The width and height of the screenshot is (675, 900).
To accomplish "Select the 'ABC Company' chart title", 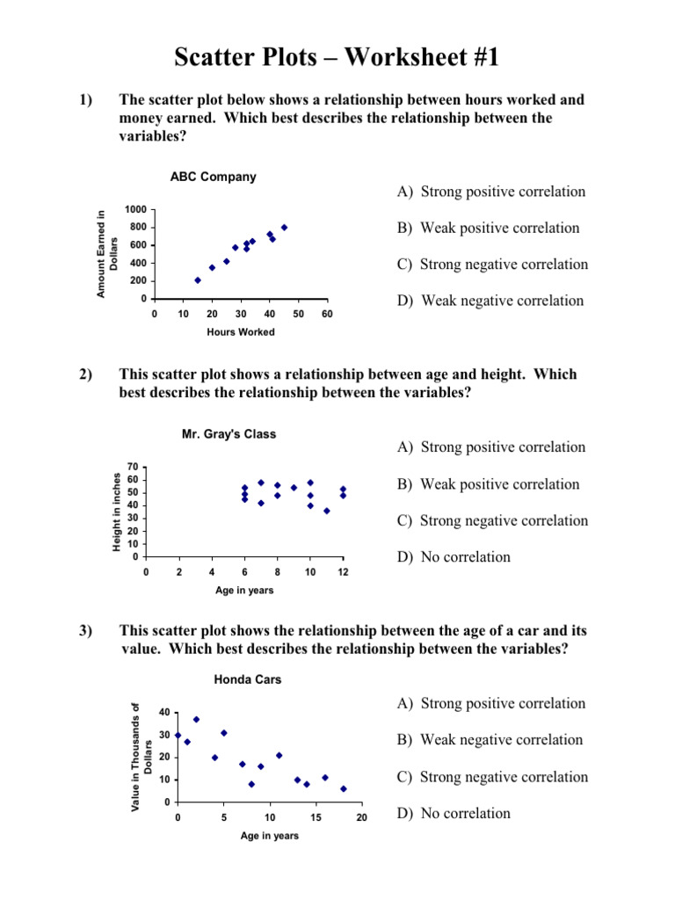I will click(213, 177).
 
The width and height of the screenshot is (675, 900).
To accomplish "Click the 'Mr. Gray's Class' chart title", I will click(229, 433).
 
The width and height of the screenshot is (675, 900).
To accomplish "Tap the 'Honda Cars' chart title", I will click(248, 679).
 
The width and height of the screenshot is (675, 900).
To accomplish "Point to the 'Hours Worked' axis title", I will click(241, 332).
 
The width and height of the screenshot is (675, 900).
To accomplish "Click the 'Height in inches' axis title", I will click(117, 512).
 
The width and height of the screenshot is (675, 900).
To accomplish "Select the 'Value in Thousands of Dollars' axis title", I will click(142, 758).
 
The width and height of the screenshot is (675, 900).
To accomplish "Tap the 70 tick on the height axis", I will click(133, 466).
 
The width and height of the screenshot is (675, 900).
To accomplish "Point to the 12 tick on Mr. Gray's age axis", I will click(344, 572).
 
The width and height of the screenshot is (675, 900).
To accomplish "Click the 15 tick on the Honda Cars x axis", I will click(316, 818).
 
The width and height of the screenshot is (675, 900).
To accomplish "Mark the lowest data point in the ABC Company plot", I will click(198, 280).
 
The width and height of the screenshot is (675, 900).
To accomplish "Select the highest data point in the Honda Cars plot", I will click(196, 719).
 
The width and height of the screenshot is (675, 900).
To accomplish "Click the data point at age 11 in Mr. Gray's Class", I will click(327, 511).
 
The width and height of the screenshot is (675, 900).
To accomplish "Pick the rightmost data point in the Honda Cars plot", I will click(343, 788).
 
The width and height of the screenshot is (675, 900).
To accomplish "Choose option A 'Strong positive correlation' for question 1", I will click(490, 192).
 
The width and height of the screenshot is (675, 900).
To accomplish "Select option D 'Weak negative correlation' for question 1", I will click(490, 301).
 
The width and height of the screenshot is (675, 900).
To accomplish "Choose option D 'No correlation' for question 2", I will click(454, 556).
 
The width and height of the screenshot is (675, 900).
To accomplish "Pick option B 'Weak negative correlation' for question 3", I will click(490, 740).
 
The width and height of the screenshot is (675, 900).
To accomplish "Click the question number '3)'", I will click(85, 632).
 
